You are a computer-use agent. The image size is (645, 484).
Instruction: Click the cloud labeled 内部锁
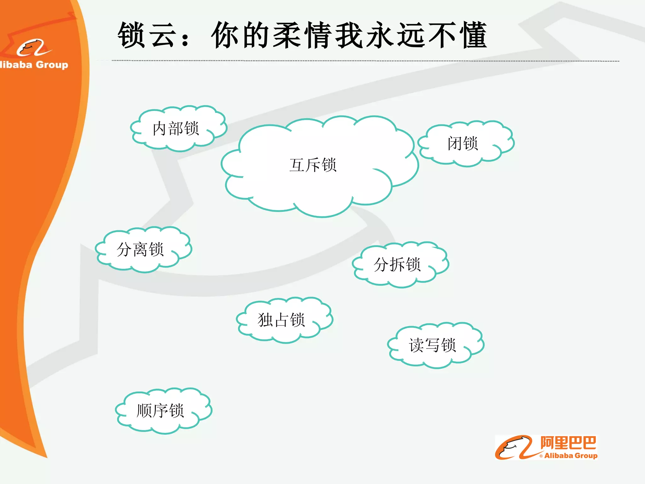pos(176,129)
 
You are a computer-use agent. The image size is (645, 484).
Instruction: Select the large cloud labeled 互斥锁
pos(313,165)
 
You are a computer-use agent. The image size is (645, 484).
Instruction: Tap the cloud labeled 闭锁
pos(463,143)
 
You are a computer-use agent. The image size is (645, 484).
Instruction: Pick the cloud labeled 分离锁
pos(140,250)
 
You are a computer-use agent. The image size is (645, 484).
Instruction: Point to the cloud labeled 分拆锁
pos(397,265)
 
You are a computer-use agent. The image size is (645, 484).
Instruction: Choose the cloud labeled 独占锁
pos(282,320)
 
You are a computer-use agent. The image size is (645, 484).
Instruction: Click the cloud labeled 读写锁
pos(433,345)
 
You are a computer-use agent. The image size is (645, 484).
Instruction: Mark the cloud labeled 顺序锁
pos(161,411)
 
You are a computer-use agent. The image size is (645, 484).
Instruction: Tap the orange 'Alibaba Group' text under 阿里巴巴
pos(571,456)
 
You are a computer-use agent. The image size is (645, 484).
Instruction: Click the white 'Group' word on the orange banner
pos(52,65)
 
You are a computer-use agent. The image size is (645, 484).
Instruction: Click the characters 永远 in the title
pos(395,35)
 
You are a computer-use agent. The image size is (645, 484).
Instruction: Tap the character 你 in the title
pos(225,35)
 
